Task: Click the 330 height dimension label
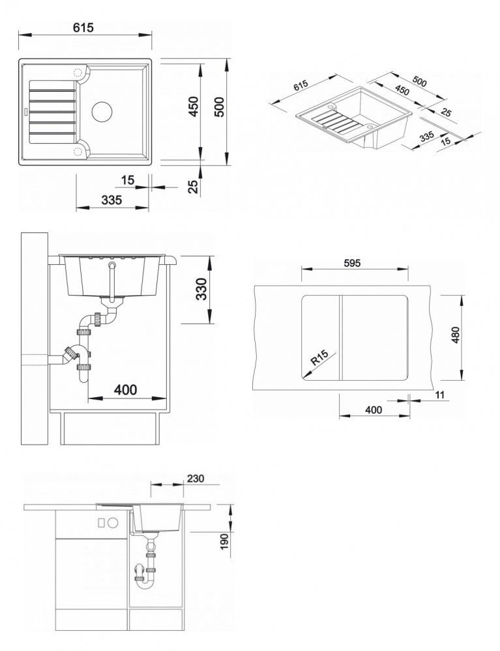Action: click(201, 288)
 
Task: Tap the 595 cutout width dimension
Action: click(352, 263)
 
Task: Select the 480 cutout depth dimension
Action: click(456, 335)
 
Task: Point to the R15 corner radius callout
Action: click(320, 357)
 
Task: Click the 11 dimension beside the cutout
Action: click(440, 395)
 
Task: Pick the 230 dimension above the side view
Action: click(196, 478)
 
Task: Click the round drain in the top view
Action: click(102, 111)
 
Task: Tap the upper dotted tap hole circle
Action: click(78, 73)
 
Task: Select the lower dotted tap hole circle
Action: click(78, 151)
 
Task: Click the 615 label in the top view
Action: click(83, 27)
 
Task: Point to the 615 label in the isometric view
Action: click(301, 85)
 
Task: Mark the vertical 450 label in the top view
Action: click(194, 107)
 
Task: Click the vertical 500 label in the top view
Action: click(218, 107)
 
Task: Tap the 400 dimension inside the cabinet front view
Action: click(125, 389)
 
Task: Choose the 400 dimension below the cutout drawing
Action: click(374, 409)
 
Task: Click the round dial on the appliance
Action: click(113, 523)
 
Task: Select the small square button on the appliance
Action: click(102, 523)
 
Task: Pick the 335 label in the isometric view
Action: click(427, 136)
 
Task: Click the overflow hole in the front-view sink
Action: click(111, 264)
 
